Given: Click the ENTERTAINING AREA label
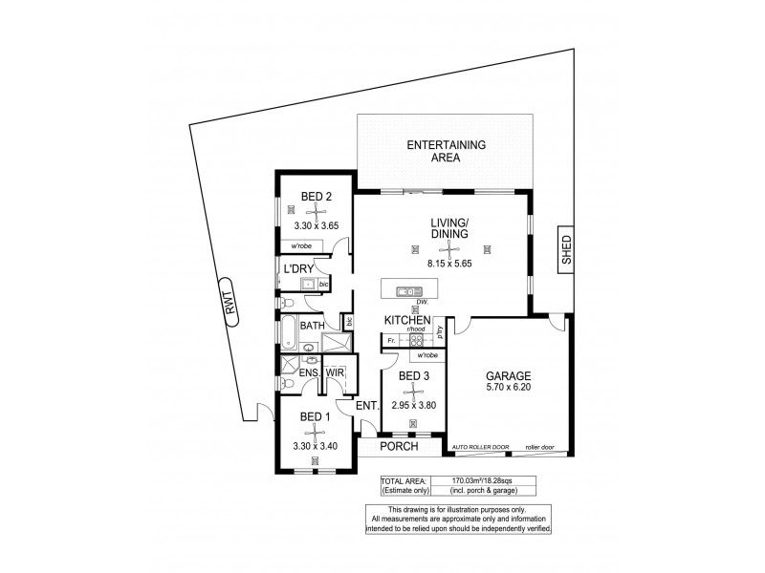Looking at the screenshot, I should (446, 152).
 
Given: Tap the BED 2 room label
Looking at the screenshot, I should (317, 198).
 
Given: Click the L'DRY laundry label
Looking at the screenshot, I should (299, 270).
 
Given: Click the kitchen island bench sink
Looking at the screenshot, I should (409, 290).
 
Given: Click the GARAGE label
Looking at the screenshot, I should (507, 376).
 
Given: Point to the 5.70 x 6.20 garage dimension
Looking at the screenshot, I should (507, 390).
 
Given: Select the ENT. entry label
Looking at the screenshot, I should (367, 406).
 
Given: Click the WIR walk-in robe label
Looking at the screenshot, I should (336, 372).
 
